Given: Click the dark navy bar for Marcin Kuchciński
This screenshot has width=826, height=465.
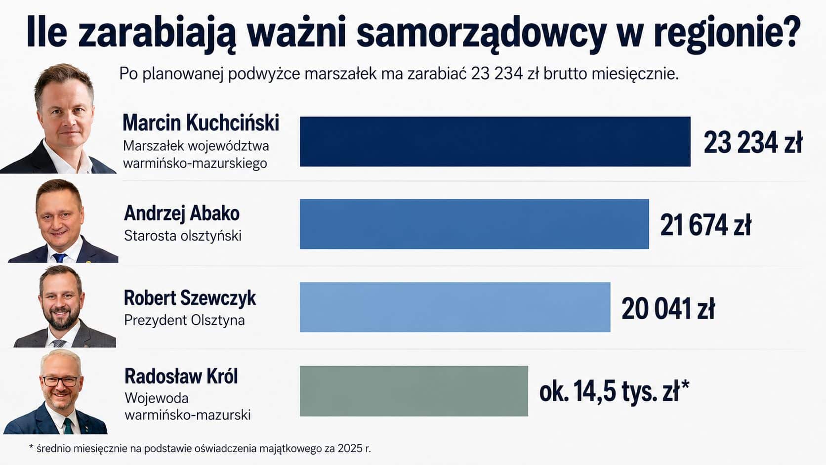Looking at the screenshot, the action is pos(495,142).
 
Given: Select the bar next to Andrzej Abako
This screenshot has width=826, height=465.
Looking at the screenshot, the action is pos(474,224).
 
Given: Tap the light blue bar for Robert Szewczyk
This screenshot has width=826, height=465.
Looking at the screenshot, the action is pos(455,307).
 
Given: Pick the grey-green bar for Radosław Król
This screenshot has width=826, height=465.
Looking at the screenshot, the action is pos(413,391).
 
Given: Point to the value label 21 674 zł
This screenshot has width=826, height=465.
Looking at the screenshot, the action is pos(705,225).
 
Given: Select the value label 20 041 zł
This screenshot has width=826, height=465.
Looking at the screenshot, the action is pos(668,309).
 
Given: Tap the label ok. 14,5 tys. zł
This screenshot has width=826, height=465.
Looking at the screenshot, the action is pos(614,391).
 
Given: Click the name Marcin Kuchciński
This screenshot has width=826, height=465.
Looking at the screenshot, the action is pos(201,123).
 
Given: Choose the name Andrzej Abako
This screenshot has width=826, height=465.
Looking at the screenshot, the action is pos(182,213).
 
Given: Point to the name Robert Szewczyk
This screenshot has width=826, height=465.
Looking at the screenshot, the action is pos(190,298).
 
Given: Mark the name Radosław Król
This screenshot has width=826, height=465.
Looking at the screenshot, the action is pos(181,377).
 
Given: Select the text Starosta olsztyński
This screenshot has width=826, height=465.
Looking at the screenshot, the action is pos(183,236).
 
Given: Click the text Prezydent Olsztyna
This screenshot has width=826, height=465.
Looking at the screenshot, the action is pos(184,320).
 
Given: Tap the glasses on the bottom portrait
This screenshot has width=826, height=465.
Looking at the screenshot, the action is pos(61,381).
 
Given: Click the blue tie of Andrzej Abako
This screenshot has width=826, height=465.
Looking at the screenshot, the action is pos(60,258).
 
